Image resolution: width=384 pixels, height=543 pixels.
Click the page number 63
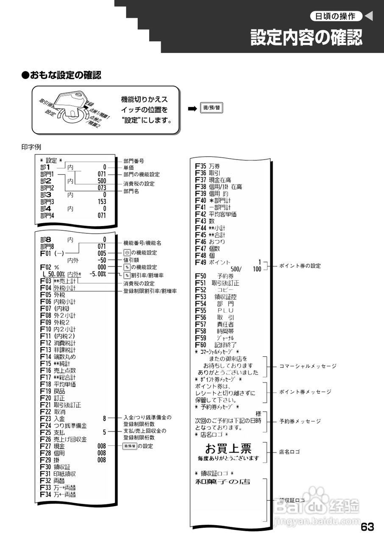point(367,527)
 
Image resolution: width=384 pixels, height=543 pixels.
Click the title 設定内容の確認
point(306,38)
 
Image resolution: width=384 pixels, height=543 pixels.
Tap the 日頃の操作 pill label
point(336,17)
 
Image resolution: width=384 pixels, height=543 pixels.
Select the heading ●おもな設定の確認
point(61,76)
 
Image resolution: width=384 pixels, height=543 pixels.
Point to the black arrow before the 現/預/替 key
point(193,108)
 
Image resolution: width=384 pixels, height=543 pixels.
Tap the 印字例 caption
point(31,147)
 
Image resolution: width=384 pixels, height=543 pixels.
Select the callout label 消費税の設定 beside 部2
point(139,184)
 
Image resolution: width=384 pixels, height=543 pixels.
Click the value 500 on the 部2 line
point(101,181)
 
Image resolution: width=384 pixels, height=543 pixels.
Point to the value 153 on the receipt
point(101,202)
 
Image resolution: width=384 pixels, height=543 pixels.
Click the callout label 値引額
point(131,260)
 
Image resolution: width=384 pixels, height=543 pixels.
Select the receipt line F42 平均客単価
point(216,214)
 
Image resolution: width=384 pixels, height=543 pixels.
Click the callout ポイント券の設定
point(300,266)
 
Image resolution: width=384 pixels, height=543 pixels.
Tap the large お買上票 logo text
point(228,448)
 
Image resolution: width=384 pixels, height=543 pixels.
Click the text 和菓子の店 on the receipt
point(222,481)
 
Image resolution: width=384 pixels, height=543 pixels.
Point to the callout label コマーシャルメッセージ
point(307,366)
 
